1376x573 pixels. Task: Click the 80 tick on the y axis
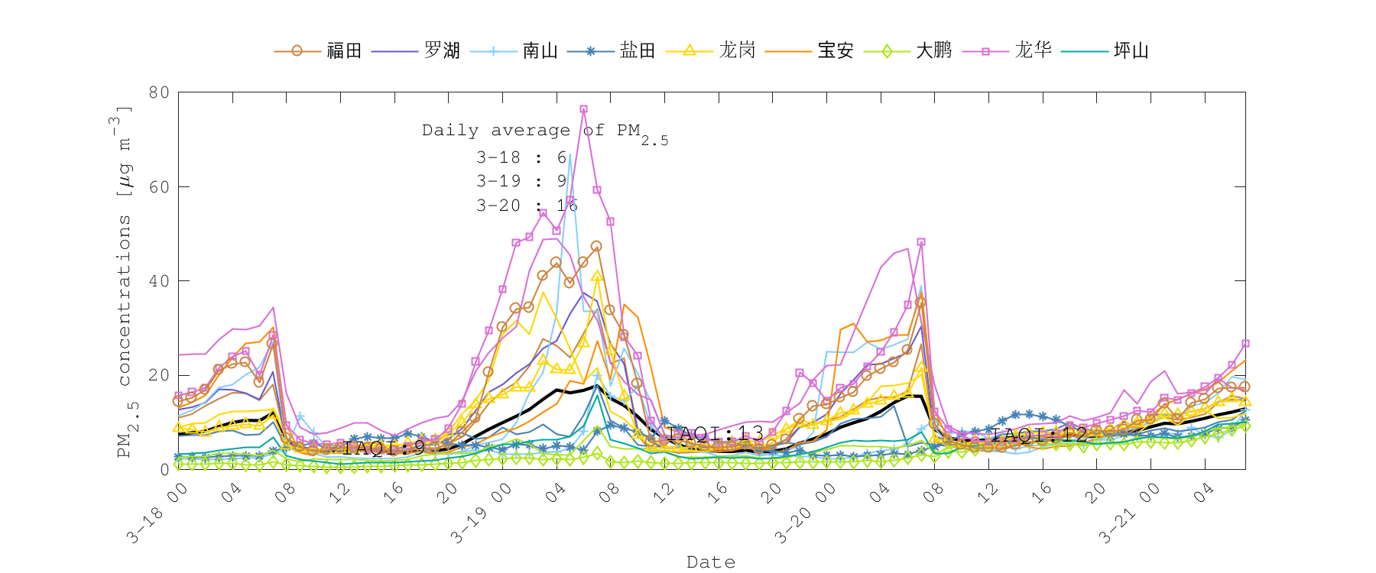coord(159,92)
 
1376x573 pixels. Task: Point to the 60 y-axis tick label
coord(159,187)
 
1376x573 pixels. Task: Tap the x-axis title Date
coord(711,562)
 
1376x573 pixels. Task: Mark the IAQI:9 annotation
coord(384,448)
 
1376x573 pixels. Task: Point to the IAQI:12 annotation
coord(1040,435)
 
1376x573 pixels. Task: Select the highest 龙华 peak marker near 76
coord(583,109)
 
